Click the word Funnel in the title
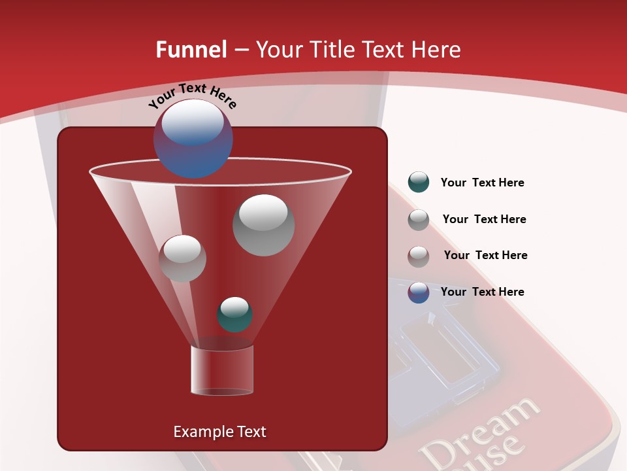[191, 50]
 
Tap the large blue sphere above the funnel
[193, 138]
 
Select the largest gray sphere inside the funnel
[264, 224]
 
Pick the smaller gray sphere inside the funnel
[182, 258]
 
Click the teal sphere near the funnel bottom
[234, 314]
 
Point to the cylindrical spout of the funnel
[222, 370]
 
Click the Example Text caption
[219, 432]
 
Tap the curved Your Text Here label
[192, 96]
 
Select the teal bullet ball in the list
[419, 182]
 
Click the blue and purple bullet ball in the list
[419, 292]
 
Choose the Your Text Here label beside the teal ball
[482, 183]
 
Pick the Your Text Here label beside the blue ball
[482, 292]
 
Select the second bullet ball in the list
[419, 220]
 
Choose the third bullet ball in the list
[419, 256]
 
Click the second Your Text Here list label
[484, 219]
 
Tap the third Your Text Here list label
[485, 255]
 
